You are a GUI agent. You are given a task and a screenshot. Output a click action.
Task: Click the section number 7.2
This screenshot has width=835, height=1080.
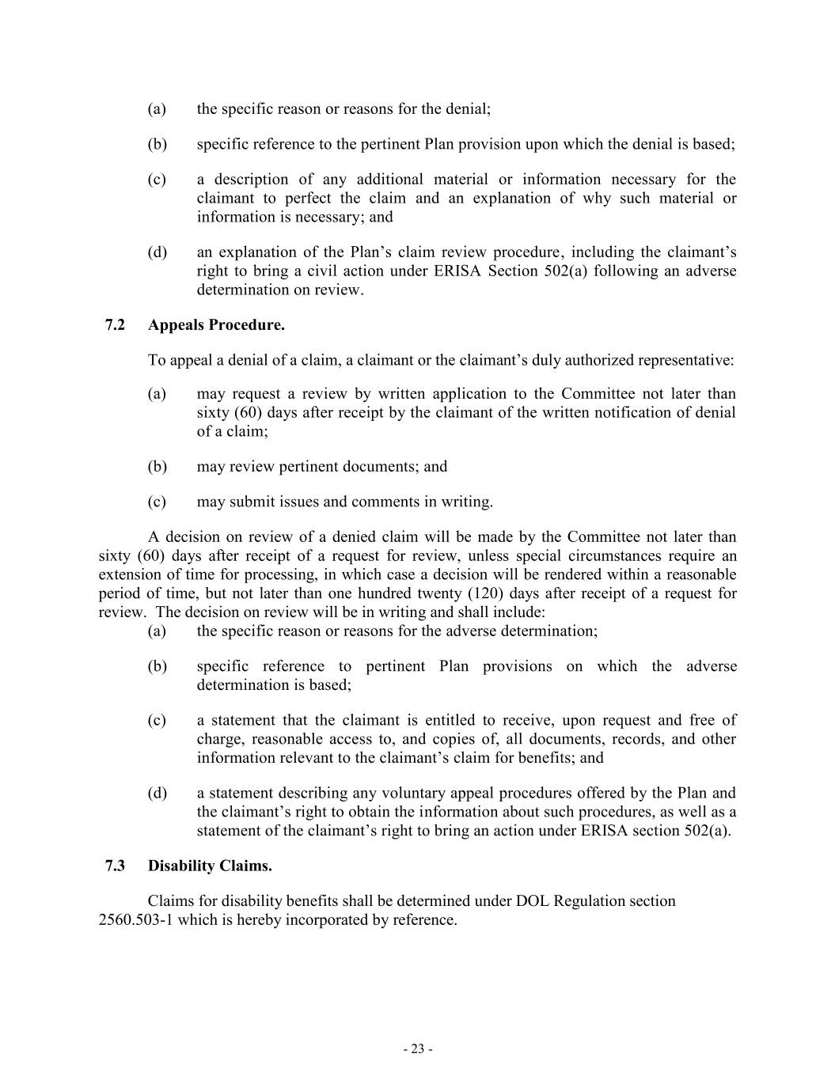[115, 325]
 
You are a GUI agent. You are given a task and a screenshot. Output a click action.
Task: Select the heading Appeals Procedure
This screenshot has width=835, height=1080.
[216, 325]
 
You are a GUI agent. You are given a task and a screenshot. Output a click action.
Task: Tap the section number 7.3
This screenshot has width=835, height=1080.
[115, 866]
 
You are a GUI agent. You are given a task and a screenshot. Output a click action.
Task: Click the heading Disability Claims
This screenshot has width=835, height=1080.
[210, 866]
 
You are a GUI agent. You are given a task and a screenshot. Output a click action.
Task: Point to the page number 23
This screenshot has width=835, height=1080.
[417, 1049]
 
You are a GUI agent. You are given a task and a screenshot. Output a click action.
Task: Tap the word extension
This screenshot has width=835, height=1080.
[128, 574]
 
